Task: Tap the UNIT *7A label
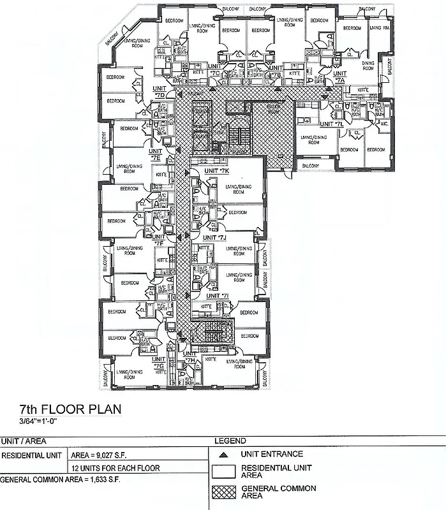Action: (339, 78)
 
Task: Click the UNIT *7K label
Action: (216, 171)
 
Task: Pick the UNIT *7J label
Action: (215, 238)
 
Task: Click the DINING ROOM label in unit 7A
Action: (368, 66)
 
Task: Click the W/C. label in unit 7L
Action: (383, 124)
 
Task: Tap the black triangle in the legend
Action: (221, 455)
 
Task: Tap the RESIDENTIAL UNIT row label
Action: (32, 456)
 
